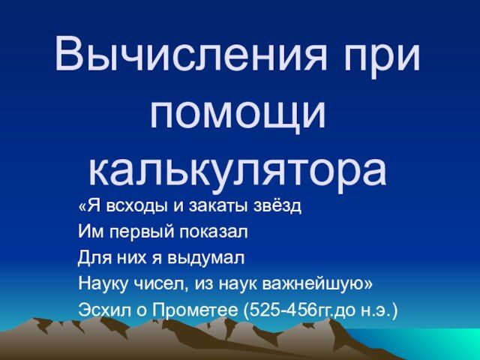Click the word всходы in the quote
(x=138, y=206)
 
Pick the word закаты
(x=219, y=206)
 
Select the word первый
(x=142, y=232)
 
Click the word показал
(x=213, y=232)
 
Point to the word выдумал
(x=205, y=259)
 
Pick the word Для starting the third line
(x=94, y=258)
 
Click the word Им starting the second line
(x=91, y=232)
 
